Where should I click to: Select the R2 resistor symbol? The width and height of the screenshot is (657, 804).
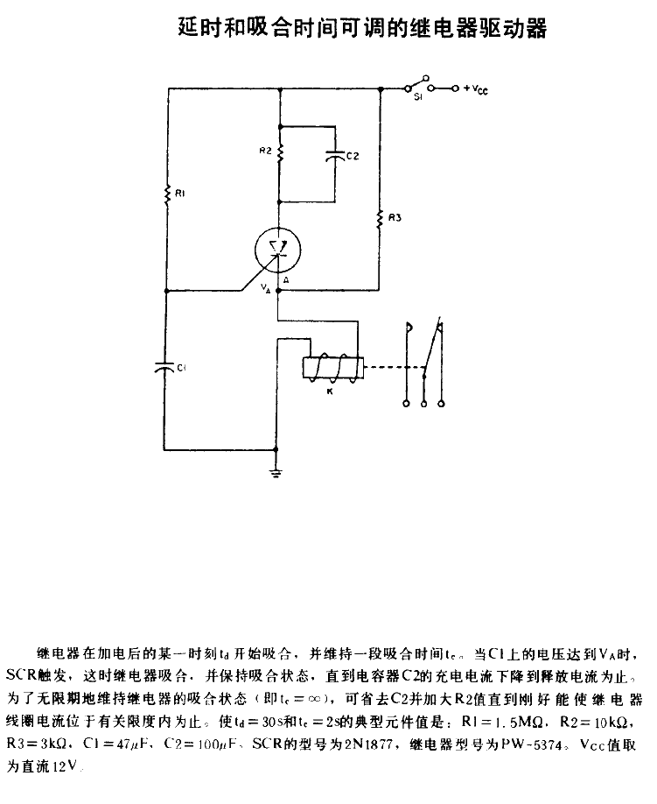tap(280, 152)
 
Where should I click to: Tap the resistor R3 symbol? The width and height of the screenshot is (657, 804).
tap(380, 218)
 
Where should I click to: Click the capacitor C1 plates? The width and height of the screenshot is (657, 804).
tap(164, 367)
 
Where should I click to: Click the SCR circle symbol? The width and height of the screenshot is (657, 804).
tap(278, 250)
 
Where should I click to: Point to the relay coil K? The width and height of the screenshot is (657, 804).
tap(333, 368)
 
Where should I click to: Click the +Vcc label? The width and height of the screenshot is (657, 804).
tap(476, 89)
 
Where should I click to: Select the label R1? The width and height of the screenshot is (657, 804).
tap(179, 194)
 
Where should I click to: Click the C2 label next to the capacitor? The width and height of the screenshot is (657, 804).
tap(353, 155)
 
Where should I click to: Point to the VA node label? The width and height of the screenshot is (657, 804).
tap(265, 288)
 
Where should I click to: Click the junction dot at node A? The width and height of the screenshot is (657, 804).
tap(278, 291)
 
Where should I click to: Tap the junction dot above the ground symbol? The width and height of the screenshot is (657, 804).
tap(276, 449)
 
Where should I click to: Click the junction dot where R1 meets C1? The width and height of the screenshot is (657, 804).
tap(166, 291)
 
